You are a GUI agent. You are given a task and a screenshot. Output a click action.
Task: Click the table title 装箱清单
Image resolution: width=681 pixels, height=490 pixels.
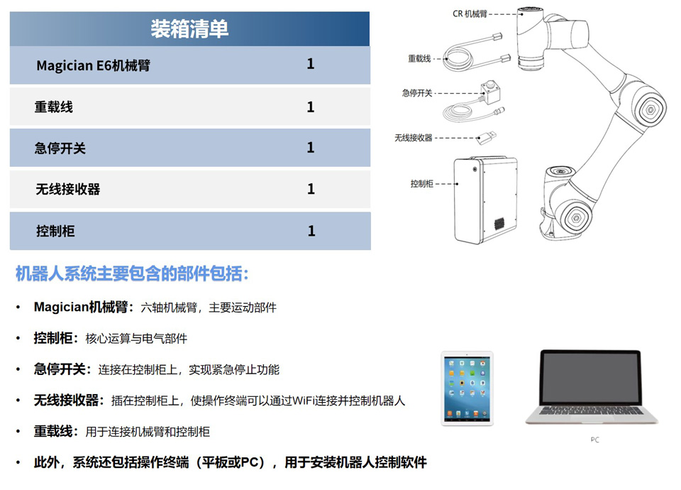tap(189, 28)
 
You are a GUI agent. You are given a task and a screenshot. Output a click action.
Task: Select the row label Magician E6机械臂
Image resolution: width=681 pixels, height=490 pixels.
tap(94, 65)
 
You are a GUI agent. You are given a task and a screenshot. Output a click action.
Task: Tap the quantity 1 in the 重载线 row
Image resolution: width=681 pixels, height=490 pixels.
tap(311, 107)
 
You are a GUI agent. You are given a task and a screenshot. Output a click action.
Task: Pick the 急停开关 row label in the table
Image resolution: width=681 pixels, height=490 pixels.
tap(60, 148)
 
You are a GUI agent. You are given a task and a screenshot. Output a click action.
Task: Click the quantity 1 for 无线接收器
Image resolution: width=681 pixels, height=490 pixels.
tap(311, 189)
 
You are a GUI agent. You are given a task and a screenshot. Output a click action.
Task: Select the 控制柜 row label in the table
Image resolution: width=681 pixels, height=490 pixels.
tap(55, 231)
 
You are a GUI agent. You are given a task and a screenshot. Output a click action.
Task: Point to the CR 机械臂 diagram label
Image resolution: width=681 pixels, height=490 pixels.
tap(470, 14)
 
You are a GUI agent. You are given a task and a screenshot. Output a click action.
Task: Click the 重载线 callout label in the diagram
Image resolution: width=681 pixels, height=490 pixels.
tap(419, 58)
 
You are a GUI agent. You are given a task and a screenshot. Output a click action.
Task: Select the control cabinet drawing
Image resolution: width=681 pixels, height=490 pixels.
tap(485, 200)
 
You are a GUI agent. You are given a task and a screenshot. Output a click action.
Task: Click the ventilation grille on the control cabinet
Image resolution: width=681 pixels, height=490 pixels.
tap(499, 224)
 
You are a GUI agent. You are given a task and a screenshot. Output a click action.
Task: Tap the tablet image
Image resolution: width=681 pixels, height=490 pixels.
tap(467, 388)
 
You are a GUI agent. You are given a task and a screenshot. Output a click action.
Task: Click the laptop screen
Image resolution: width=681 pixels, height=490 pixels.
tap(590, 378)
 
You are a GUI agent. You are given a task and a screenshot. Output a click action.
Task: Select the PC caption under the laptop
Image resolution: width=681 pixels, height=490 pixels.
tap(594, 440)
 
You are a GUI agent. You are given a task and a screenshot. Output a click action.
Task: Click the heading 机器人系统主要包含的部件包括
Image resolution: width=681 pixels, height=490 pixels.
tap(132, 273)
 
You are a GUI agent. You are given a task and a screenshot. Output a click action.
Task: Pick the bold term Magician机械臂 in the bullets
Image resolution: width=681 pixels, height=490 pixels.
tap(80, 307)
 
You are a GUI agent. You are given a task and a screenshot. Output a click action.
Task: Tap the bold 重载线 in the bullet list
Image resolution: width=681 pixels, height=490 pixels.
tap(53, 431)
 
